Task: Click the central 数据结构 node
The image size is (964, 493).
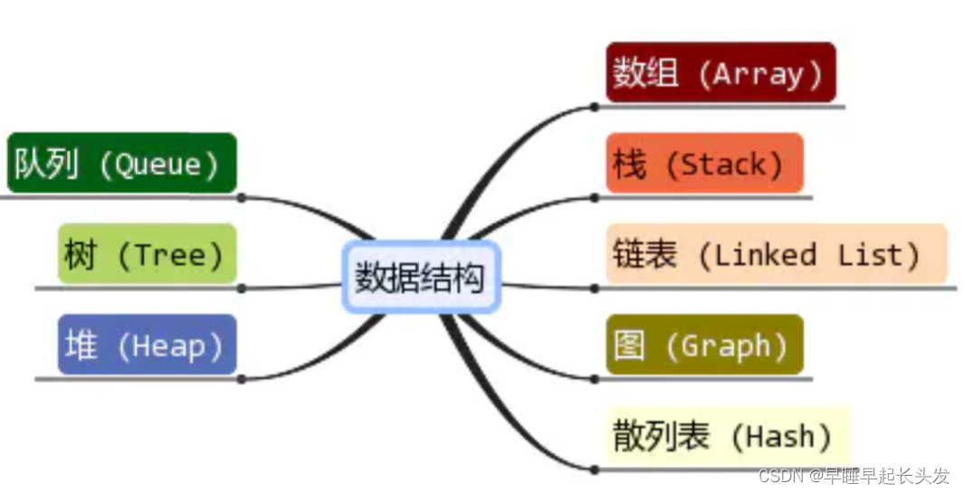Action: point(421,278)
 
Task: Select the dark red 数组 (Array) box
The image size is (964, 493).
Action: point(721,72)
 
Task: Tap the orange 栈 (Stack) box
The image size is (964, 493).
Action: point(704,164)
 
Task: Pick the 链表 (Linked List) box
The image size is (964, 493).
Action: point(776,254)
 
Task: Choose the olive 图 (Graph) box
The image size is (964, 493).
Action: point(704,345)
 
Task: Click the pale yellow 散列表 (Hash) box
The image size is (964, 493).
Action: point(727,436)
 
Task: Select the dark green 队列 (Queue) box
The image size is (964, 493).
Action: point(121,164)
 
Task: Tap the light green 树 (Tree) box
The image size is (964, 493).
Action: point(147,254)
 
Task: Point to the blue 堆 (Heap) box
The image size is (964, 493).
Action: point(147,345)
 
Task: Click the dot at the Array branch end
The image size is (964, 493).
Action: point(594,107)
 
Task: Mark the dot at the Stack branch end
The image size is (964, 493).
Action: point(594,197)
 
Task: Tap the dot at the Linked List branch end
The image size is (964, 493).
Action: point(594,289)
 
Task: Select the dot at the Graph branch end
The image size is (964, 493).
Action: point(594,379)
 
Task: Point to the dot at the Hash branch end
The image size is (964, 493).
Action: point(594,469)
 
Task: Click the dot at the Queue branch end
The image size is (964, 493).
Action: point(242,197)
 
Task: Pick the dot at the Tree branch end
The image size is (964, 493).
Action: point(242,289)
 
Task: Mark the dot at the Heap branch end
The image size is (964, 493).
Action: point(242,379)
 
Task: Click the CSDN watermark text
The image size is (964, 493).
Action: point(854,476)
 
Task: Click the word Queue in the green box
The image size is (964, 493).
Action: point(158,165)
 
